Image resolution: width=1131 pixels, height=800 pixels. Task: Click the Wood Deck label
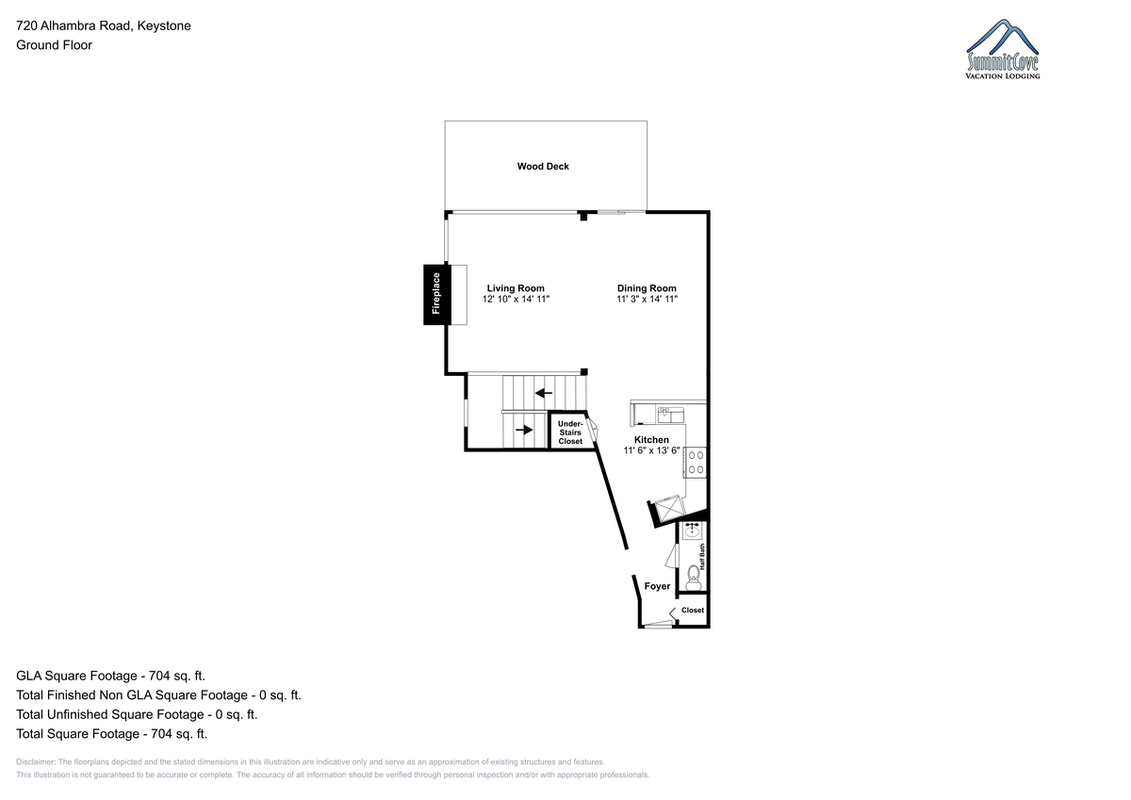[x=543, y=166]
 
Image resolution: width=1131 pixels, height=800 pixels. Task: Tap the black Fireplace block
[x=436, y=294]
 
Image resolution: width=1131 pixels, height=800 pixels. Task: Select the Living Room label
[x=516, y=288]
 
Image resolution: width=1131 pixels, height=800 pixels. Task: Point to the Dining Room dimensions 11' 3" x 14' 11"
[x=647, y=299]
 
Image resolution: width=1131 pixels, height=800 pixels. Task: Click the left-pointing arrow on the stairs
[x=543, y=393]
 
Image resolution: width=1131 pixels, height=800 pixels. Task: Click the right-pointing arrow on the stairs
[x=524, y=430]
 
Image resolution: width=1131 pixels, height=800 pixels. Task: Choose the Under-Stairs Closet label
[x=570, y=433]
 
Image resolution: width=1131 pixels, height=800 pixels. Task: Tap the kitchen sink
[x=670, y=415]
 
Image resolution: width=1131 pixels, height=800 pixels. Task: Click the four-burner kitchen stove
[x=696, y=463]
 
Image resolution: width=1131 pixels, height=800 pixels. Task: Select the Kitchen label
[x=651, y=440]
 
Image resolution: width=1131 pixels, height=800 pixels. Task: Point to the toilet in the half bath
[x=694, y=578]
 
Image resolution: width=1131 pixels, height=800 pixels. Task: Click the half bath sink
[x=692, y=531]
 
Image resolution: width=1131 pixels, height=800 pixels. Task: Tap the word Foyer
[x=657, y=586]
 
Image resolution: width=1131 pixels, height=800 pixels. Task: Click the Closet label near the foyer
[x=692, y=610]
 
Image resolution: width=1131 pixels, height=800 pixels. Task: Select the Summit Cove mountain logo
[x=1003, y=49]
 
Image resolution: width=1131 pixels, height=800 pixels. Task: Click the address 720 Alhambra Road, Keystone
[x=104, y=25]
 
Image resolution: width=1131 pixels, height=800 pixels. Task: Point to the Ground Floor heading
[x=54, y=45]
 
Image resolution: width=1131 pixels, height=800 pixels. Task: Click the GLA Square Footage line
[x=110, y=676]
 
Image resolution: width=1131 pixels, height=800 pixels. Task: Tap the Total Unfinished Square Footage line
[x=137, y=714]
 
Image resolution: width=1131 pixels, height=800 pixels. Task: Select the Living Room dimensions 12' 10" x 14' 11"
[x=516, y=299]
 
